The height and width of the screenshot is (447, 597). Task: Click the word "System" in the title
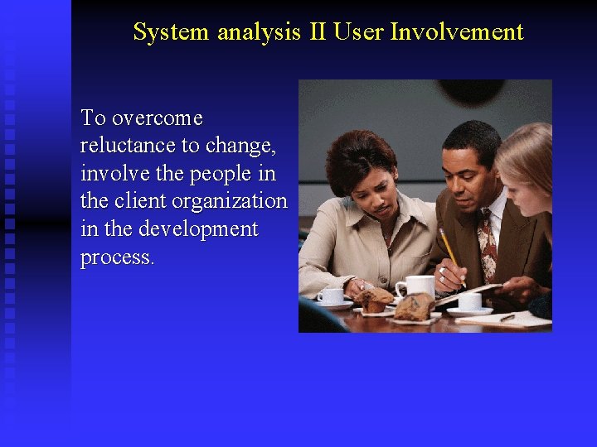[172, 31]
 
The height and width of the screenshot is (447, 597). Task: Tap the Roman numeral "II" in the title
[317, 31]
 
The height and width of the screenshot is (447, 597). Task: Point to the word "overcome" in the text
[157, 118]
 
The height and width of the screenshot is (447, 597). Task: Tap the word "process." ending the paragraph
[117, 257]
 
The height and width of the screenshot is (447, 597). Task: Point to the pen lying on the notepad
[507, 317]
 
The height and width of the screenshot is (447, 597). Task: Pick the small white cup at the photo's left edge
[332, 296]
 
